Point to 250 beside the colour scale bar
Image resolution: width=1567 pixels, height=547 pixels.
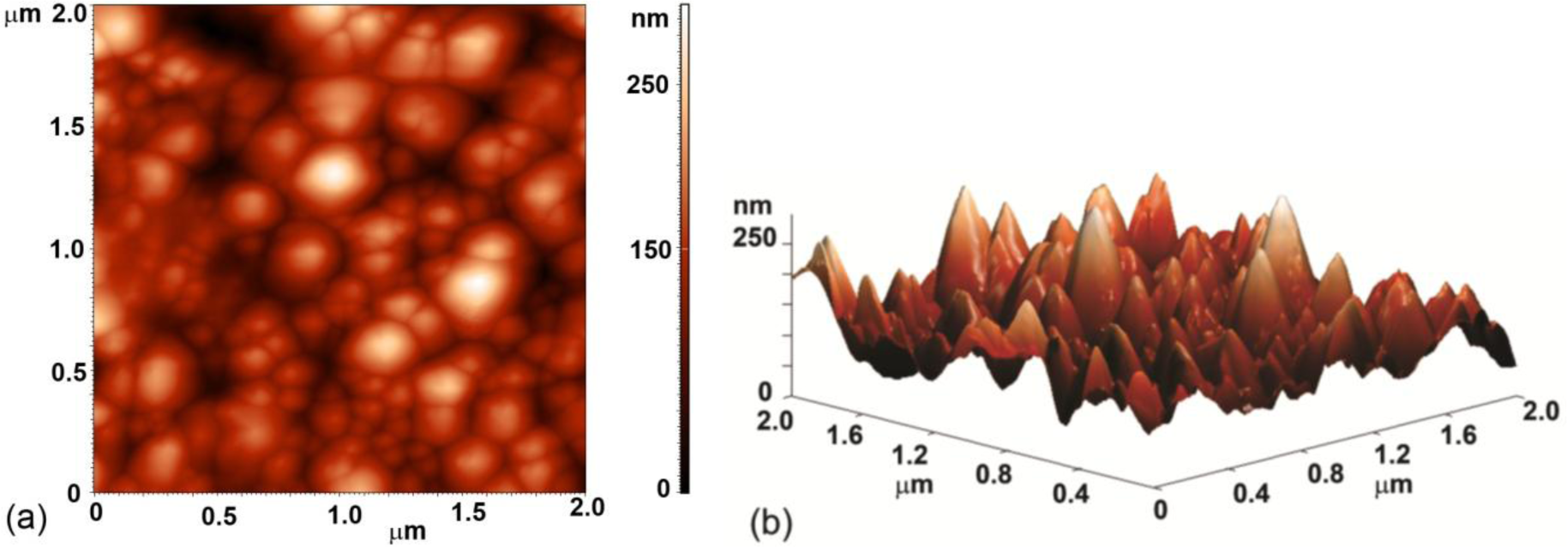point(649,87)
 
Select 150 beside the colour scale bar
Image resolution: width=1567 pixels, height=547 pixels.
point(649,249)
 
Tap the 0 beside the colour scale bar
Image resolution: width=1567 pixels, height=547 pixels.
point(663,489)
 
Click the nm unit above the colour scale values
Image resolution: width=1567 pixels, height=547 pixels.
point(649,19)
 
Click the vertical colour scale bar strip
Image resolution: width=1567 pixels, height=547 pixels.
point(684,249)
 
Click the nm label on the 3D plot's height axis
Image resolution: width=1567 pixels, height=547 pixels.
point(752,207)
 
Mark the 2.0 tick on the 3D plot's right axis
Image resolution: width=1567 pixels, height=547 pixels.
point(1539,412)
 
